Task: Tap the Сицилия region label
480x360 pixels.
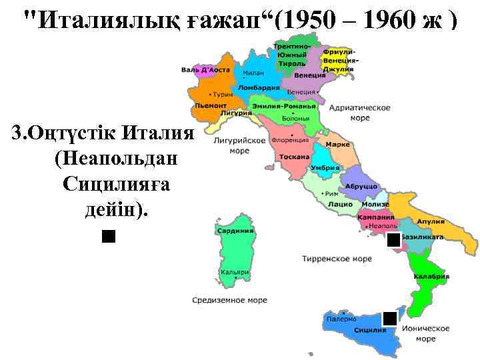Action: [x=370, y=330]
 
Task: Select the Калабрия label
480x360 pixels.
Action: [x=431, y=276]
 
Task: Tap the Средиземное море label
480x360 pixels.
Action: [x=229, y=300]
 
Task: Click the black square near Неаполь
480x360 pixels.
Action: [x=394, y=239]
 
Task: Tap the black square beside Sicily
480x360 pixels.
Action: [x=390, y=318]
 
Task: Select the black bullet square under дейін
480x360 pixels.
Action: [x=109, y=236]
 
